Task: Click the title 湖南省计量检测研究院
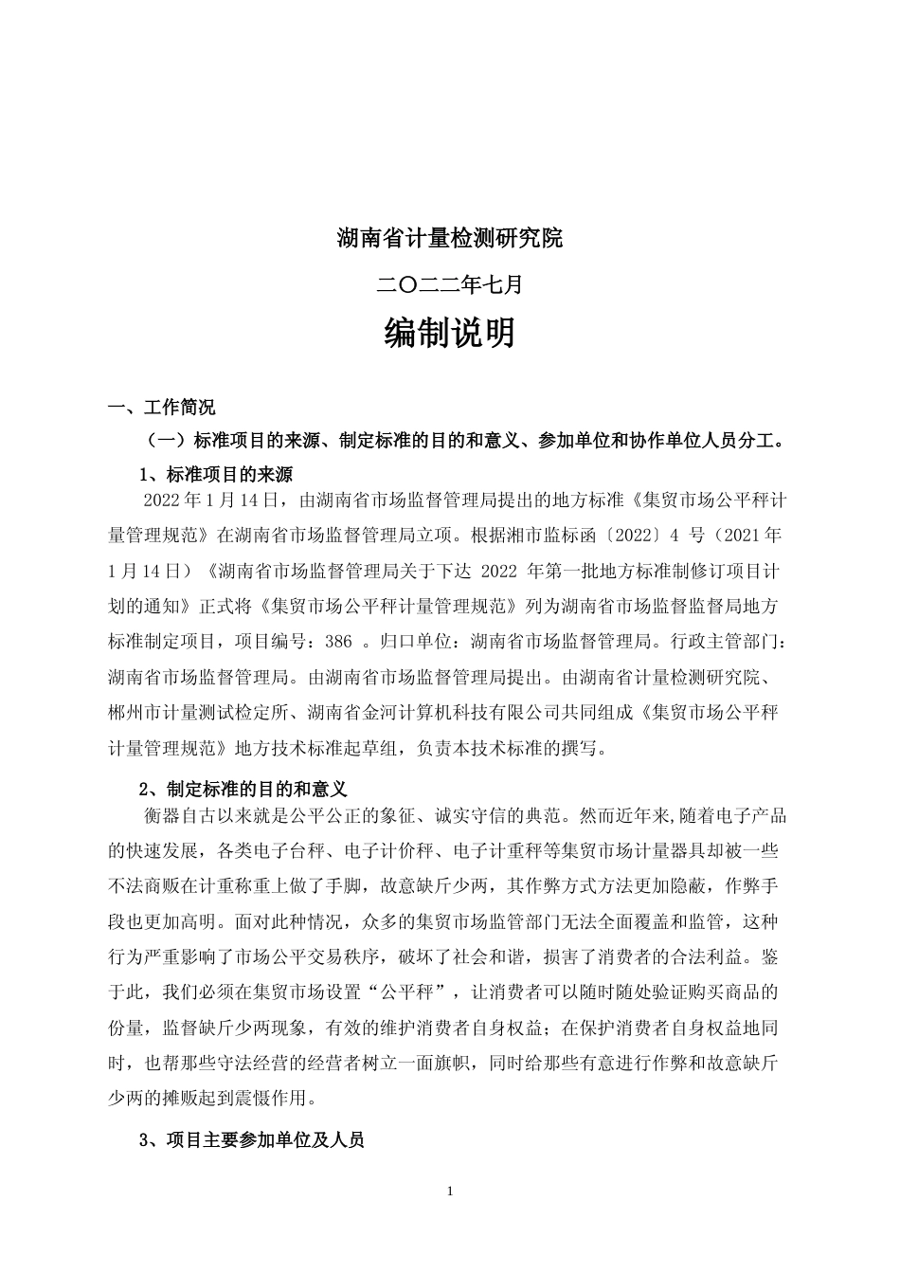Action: (450, 238)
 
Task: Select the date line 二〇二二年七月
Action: (450, 282)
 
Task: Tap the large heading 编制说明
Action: (450, 334)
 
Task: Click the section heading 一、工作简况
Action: (162, 408)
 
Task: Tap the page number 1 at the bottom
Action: (450, 1191)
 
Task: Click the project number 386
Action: (338, 642)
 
